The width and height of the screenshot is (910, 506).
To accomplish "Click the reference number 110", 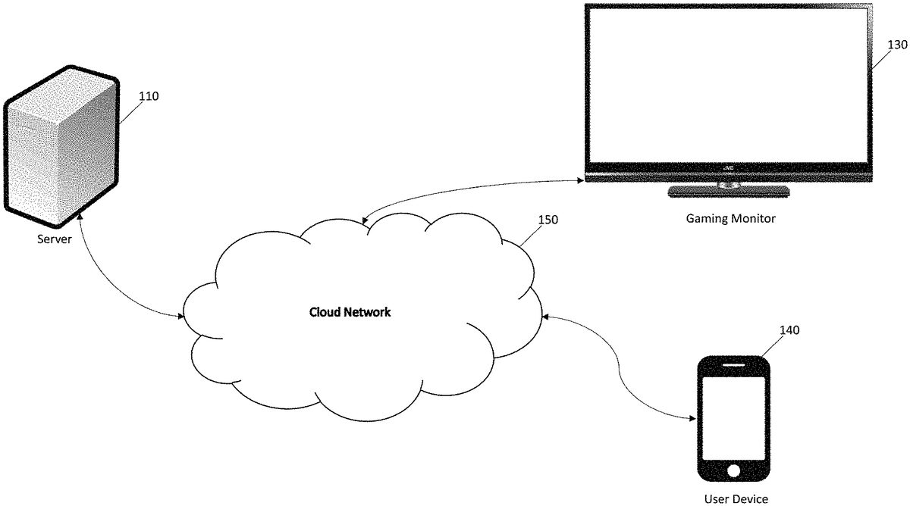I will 149,96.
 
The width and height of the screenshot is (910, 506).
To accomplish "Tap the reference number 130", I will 896,45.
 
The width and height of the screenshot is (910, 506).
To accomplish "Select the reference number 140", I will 789,330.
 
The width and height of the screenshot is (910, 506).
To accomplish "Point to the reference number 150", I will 548,220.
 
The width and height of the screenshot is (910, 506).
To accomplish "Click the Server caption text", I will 55,239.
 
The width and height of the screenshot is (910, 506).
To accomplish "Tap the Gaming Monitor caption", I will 730,218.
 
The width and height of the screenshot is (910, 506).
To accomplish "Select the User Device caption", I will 736,498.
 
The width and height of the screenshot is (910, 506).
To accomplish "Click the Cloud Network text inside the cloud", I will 350,312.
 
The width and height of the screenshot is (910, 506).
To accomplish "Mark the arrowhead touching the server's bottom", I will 80,217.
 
